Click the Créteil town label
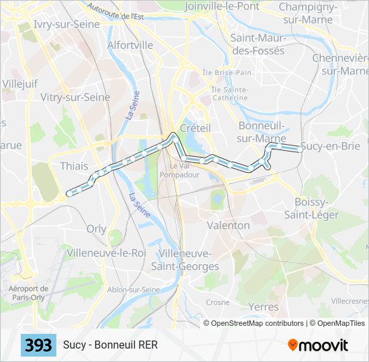[195, 127]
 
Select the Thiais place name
[74, 166]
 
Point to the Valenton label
[228, 225]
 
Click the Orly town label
[97, 229]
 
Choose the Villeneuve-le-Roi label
[106, 253]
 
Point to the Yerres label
[263, 307]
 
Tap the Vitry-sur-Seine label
[75, 97]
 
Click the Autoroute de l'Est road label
[115, 12]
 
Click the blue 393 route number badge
[39, 345]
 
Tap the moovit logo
[318, 345]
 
